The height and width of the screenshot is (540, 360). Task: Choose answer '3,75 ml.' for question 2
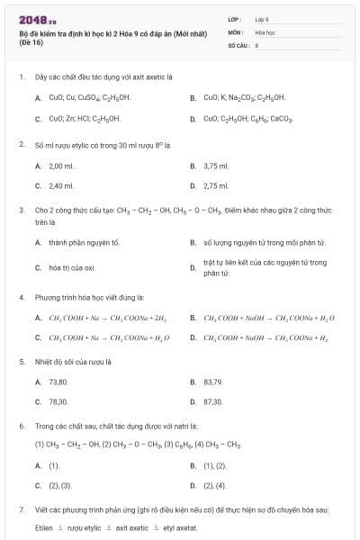click(x=216, y=166)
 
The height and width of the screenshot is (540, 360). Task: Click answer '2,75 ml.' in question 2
click(x=216, y=185)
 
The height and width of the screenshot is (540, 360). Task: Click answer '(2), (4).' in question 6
click(x=215, y=485)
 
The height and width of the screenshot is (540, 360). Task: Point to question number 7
click(x=21, y=509)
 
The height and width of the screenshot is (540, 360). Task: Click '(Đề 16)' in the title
click(x=30, y=41)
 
